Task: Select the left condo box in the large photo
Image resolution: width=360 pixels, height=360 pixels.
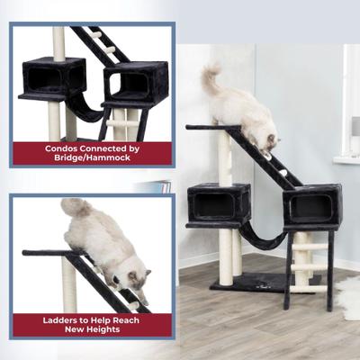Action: click(x=219, y=203)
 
